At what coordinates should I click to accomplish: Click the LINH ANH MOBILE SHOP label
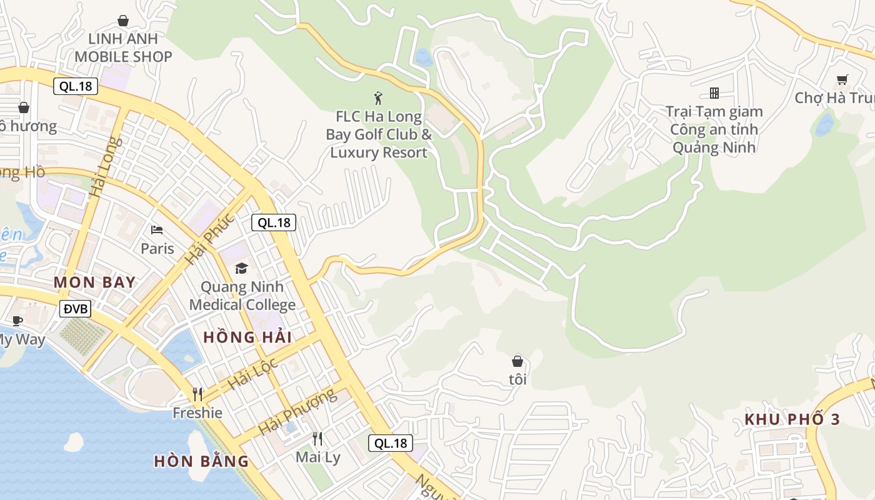(x=123, y=47)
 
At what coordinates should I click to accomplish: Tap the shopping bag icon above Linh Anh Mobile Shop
(x=123, y=21)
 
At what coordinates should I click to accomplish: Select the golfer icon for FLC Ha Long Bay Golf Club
(x=378, y=97)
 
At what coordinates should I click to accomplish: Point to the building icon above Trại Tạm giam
(x=714, y=93)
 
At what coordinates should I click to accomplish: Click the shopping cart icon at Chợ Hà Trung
(x=842, y=79)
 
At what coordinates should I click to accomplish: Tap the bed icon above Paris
(x=157, y=230)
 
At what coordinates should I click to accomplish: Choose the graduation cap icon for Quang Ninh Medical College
(x=241, y=269)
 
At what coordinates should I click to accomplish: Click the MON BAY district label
(x=94, y=282)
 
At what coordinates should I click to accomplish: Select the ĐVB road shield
(x=76, y=308)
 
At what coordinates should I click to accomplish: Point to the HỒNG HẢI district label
(x=247, y=337)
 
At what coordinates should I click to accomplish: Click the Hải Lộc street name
(x=252, y=374)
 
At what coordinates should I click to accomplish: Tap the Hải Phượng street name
(x=297, y=412)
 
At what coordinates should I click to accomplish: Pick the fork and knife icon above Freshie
(x=197, y=394)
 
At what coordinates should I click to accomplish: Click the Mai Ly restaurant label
(x=318, y=457)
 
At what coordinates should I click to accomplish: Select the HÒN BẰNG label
(x=201, y=461)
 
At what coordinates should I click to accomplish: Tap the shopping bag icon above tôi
(x=517, y=361)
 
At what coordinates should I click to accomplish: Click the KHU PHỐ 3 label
(x=792, y=419)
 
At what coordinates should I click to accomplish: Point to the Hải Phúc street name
(x=209, y=239)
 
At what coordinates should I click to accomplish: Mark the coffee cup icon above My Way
(x=17, y=321)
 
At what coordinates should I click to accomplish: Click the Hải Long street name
(x=103, y=167)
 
